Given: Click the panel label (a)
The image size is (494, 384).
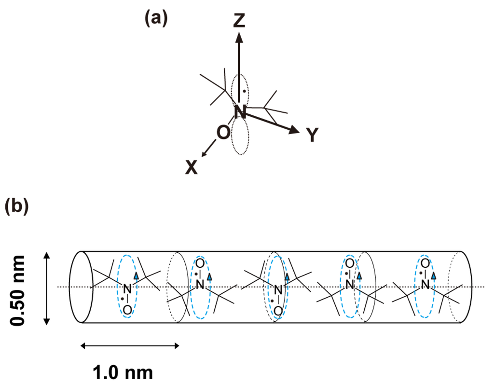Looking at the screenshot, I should coord(156,19).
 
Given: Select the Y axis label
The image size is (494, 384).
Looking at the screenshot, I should coord(313,136).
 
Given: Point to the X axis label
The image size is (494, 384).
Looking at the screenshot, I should coord(192,167).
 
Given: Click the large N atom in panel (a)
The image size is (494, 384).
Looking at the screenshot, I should coord(240,112).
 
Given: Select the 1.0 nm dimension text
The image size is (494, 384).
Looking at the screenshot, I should coord(123,372).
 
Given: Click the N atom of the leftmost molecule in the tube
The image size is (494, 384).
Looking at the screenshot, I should coord(127,289).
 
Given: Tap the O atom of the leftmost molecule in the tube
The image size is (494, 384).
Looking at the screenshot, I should coord(127,311).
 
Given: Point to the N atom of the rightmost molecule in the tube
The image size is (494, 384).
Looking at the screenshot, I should coord(425,285).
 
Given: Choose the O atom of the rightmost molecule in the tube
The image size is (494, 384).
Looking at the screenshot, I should coord(425,263).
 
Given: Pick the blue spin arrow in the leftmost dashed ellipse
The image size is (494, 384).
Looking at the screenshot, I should coord(137,275).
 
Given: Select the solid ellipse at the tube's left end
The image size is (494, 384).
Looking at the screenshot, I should coord(80,287).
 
